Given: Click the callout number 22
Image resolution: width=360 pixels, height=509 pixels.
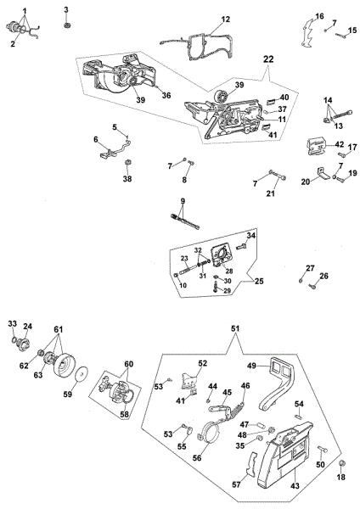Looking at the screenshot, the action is pyautogui.click(x=268, y=59).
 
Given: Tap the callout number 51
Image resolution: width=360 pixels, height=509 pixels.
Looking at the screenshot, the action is pyautogui.click(x=235, y=328).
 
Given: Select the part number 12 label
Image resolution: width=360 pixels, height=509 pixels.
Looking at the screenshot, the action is pyautogui.click(x=226, y=20).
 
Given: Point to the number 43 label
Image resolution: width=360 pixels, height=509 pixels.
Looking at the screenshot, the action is pyautogui.click(x=295, y=485).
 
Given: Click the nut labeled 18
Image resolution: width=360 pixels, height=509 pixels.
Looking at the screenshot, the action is pyautogui.click(x=341, y=463).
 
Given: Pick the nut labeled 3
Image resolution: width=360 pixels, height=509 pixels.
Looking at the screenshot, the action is pyautogui.click(x=67, y=25).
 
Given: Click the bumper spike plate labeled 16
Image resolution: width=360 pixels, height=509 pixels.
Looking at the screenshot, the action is pyautogui.click(x=306, y=34).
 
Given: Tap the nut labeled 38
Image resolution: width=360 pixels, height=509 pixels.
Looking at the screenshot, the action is pyautogui.click(x=127, y=161).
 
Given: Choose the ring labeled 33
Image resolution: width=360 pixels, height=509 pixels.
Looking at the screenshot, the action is pyautogui.click(x=14, y=340).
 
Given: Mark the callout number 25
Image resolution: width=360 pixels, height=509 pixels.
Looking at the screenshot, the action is pyautogui.click(x=259, y=281).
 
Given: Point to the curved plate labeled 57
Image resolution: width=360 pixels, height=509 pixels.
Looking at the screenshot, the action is pyautogui.click(x=250, y=464).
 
